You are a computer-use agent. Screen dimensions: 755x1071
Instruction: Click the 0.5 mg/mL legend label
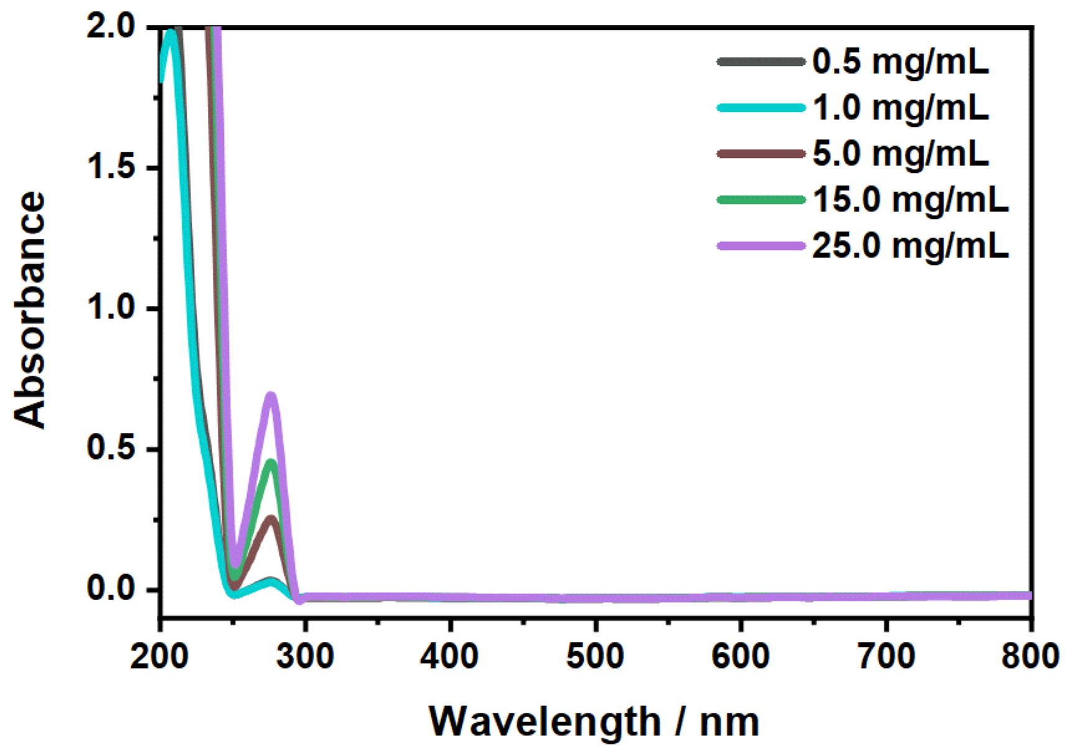click(900, 62)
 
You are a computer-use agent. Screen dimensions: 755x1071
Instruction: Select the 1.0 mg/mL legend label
click(900, 108)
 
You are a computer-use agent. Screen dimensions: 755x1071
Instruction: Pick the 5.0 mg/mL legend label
click(900, 154)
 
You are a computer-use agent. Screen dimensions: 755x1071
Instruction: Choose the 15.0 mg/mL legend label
click(910, 200)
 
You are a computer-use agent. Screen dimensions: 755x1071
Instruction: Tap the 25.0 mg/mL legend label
click(910, 246)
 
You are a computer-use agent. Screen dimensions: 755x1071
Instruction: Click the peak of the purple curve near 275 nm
click(271, 394)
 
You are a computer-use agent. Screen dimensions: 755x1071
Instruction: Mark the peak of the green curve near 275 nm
click(271, 461)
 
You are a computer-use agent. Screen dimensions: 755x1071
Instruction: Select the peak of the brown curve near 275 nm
click(271, 518)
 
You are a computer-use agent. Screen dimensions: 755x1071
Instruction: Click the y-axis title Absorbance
click(30, 310)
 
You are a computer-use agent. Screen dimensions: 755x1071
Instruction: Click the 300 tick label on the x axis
click(305, 656)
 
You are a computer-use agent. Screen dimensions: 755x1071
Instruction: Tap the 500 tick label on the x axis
click(595, 656)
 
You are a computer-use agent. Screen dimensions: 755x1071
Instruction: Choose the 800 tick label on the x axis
click(1029, 656)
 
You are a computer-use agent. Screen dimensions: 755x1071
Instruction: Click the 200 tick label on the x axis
click(159, 656)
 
